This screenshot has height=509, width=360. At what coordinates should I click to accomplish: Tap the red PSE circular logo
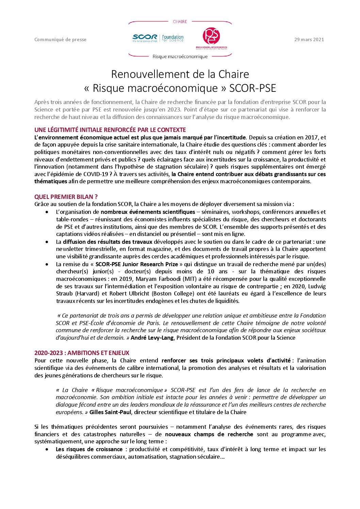point(211,36)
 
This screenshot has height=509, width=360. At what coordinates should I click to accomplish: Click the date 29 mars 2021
point(309,39)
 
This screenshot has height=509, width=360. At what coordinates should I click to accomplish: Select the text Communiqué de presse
point(60,39)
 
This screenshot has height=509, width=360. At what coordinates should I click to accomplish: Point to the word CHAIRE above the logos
point(180,22)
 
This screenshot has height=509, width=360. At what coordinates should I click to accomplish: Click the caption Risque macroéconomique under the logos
point(180,56)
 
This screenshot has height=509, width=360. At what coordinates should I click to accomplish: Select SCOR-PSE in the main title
point(252,88)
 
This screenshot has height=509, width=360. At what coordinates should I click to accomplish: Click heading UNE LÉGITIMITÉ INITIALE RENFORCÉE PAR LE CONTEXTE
point(110,130)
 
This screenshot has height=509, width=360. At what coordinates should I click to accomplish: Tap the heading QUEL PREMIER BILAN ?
point(66,197)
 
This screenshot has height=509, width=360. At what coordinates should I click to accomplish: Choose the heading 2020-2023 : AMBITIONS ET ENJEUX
point(82,353)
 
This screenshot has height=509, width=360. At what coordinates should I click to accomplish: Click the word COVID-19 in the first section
point(96,174)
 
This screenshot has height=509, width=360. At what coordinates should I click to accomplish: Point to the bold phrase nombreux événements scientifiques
point(148,212)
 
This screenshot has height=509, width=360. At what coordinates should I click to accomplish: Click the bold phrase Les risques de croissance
point(89,449)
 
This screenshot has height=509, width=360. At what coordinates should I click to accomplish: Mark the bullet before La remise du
point(47,264)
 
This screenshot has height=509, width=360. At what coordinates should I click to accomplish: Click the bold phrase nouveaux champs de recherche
point(209,434)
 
